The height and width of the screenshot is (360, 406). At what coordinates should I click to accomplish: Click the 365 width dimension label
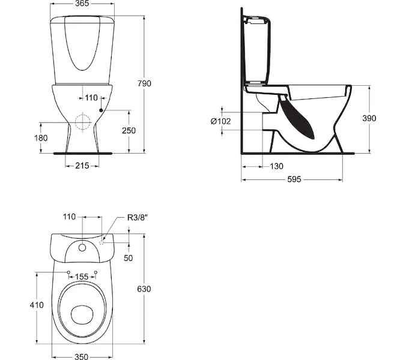[x=82, y=4]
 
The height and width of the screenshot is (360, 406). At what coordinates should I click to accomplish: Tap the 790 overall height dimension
[x=144, y=83]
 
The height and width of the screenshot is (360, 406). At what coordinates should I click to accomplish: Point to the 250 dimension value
[x=129, y=130]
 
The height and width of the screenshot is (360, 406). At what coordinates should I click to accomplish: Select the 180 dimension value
[x=41, y=138]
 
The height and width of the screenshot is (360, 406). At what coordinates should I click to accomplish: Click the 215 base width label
[x=82, y=166]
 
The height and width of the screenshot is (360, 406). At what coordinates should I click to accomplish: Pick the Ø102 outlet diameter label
[x=220, y=121]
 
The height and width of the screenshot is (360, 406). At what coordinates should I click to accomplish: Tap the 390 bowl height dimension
[x=369, y=118]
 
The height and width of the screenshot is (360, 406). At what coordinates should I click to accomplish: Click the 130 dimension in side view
[x=276, y=166]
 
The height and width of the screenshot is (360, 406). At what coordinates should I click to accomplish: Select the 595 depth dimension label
[x=294, y=179]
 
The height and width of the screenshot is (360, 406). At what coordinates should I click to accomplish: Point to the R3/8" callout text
[x=138, y=217]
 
